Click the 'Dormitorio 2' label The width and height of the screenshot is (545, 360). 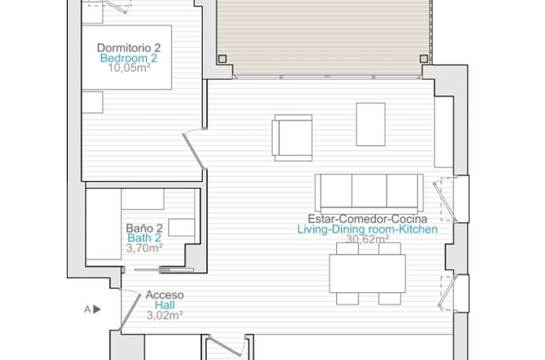(129, 48)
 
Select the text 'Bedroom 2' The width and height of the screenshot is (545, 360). (129, 59)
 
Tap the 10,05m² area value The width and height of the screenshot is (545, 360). (128, 69)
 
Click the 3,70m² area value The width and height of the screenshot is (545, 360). (144, 247)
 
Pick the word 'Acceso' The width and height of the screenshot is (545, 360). (165, 295)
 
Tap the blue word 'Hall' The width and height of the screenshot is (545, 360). (165, 305)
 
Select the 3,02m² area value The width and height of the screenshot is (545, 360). (165, 315)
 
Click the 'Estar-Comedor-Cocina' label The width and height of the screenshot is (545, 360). (367, 218)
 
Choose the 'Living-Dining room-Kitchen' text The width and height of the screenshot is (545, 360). (367, 229)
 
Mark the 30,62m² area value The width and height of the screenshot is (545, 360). (367, 239)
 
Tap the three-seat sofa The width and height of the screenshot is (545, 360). (369, 192)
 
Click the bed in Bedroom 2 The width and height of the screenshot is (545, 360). (126, 58)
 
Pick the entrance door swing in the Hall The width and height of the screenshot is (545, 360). (131, 308)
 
